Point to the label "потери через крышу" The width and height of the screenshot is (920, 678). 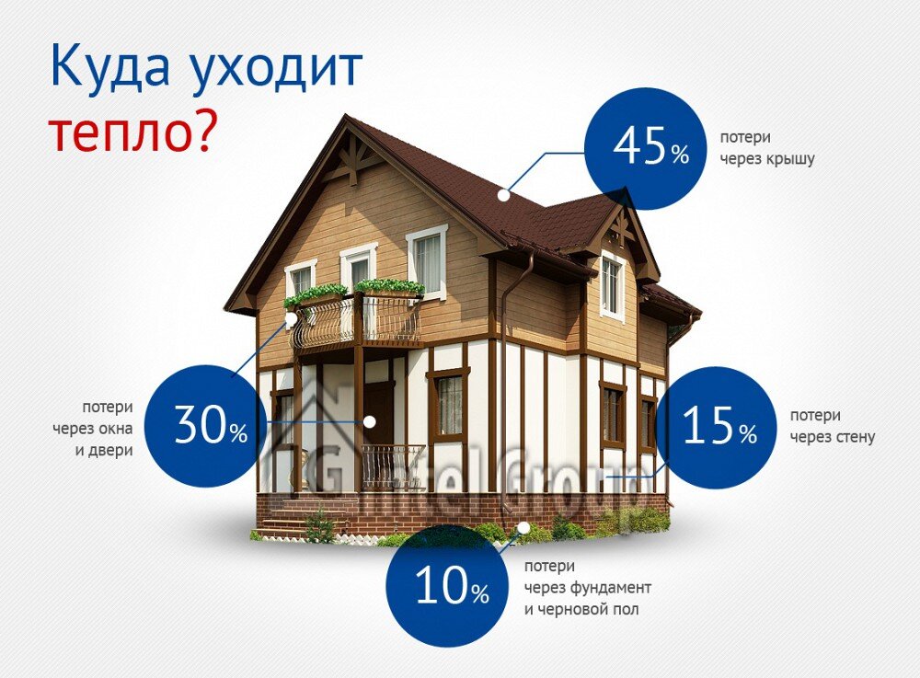click(x=767, y=146)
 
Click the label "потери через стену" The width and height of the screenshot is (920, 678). click(x=832, y=427)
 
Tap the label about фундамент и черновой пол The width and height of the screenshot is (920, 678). click(x=588, y=587)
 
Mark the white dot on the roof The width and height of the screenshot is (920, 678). click(x=503, y=195)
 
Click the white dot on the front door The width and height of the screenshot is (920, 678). click(x=370, y=422)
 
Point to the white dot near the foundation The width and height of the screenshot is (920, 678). click(x=523, y=528)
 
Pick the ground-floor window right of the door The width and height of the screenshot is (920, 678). click(x=448, y=405)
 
